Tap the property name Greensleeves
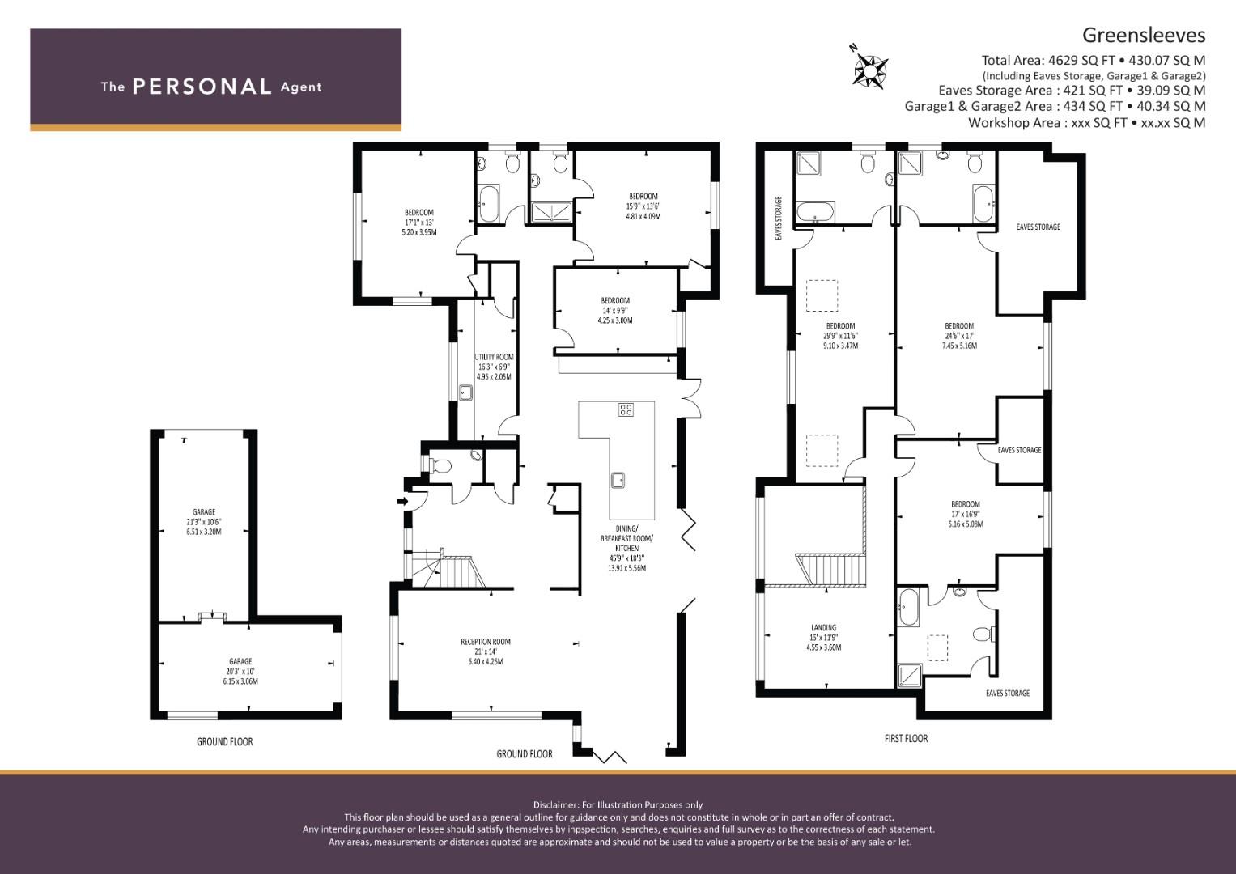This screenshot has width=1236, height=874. (x=1144, y=35)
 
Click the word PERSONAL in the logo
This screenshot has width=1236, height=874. (x=202, y=87)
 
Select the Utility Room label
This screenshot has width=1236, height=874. (x=494, y=366)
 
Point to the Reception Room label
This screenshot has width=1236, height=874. (x=486, y=651)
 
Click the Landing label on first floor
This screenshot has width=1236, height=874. (x=824, y=637)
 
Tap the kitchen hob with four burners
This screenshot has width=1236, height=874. (x=626, y=409)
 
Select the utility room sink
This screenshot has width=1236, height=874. (x=465, y=393)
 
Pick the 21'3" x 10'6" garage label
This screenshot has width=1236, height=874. (x=204, y=522)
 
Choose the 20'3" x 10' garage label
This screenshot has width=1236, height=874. (x=240, y=671)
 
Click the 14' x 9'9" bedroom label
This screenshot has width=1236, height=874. (x=615, y=311)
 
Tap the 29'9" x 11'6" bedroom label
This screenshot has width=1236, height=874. (x=841, y=336)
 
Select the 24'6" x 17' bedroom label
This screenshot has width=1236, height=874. (x=959, y=336)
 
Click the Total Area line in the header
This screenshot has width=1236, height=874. (x=1093, y=60)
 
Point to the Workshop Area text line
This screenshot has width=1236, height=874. (x=1086, y=123)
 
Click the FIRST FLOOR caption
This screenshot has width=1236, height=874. (x=906, y=739)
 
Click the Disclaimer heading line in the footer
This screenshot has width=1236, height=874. (x=618, y=804)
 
